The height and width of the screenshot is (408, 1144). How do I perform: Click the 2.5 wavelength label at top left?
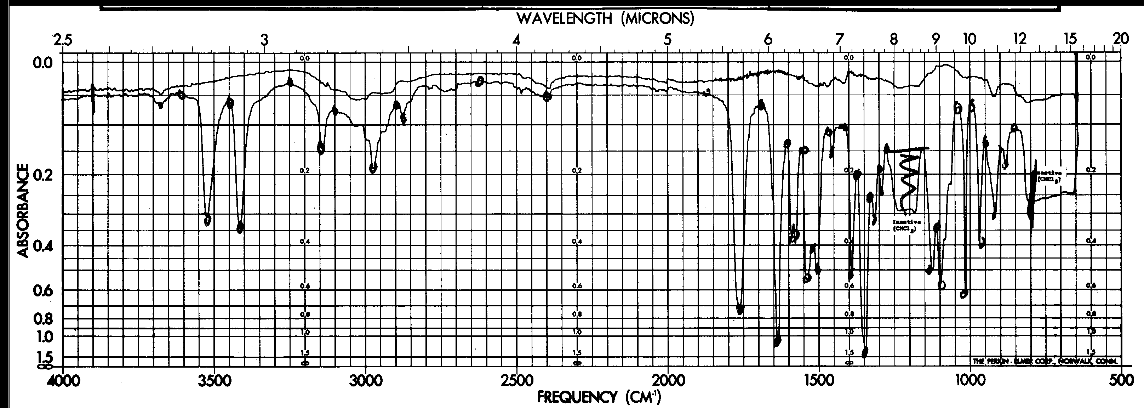62,40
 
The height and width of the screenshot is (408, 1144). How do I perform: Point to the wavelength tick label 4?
516,40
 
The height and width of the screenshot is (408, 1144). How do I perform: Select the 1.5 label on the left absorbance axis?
43,358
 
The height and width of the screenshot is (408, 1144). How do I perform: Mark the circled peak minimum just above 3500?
207,220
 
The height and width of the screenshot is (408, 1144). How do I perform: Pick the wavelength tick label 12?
1020,40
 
